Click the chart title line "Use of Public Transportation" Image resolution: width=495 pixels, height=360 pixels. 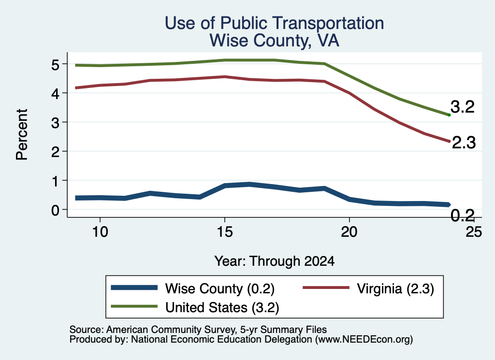coord(274,23)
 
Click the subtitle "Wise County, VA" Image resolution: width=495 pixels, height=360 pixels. coord(274,41)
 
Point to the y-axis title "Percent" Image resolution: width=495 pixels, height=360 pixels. coord(22,134)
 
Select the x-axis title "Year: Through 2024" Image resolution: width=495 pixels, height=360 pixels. coord(275,261)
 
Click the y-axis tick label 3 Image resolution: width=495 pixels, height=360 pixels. coord(55,122)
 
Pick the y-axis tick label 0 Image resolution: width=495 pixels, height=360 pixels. coord(55,210)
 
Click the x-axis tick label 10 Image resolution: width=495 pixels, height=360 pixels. coord(100,232)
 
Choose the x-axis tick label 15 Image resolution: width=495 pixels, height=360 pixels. coord(225,232)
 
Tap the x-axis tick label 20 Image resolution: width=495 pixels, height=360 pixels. coord(349,232)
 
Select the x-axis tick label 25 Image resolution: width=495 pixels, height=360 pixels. coord(474,232)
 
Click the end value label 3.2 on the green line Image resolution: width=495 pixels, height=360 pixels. coord(463,107)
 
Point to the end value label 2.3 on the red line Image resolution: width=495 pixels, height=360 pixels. coord(464,143)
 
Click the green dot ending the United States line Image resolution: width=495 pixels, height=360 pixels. coord(449,115)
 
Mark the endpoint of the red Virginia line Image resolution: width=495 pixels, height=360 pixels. coord(449,141)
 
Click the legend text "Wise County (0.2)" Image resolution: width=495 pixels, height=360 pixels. coord(220,288)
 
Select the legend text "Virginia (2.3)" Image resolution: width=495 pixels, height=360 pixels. coord(395,288)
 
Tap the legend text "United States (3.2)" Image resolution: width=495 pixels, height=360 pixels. coord(222,308)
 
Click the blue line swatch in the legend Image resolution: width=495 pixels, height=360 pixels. coord(134,288)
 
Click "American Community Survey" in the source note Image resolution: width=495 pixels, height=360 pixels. coord(171,330)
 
